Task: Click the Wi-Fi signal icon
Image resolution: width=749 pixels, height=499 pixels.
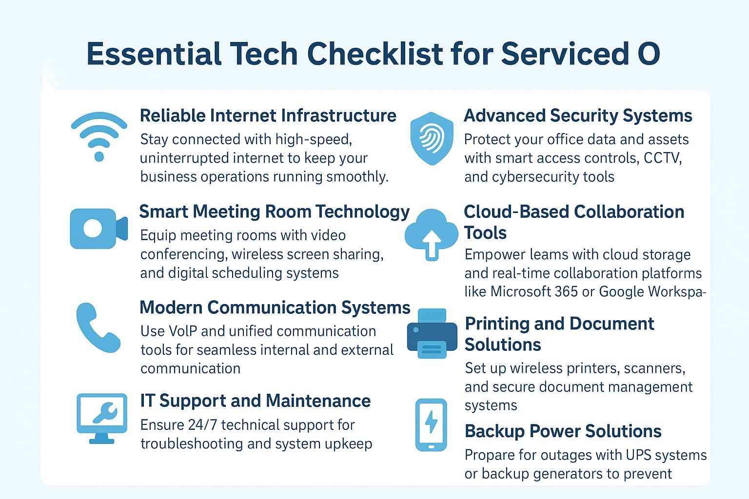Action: click(x=99, y=137)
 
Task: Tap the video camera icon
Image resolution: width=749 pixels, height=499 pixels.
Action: click(x=99, y=229)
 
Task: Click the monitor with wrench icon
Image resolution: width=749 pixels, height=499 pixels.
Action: click(x=101, y=418)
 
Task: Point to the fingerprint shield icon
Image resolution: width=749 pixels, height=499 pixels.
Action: click(x=432, y=138)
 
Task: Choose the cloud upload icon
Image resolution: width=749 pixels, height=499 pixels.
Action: click(x=432, y=233)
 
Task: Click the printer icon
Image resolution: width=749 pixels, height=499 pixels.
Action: click(x=432, y=333)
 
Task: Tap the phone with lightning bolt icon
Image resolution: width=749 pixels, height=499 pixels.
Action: click(x=431, y=424)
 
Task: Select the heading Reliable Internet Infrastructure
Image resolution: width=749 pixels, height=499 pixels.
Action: click(x=268, y=116)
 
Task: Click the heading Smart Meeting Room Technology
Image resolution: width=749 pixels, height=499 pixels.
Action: click(x=274, y=211)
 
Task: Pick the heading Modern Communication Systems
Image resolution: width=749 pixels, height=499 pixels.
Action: click(x=275, y=307)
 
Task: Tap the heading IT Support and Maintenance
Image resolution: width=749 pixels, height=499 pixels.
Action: click(x=255, y=401)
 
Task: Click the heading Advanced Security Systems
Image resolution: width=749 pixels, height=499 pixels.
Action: click(x=578, y=116)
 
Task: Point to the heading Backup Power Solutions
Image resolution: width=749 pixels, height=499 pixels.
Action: click(x=563, y=431)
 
